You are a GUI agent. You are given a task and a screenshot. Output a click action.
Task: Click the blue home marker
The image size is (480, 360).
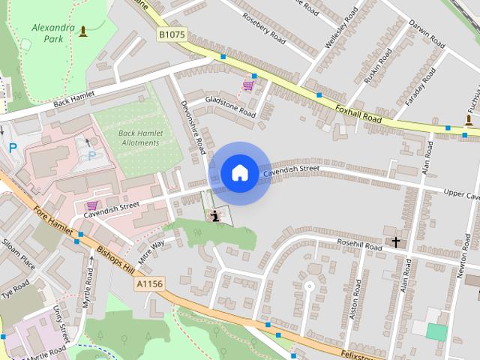pos(239,173)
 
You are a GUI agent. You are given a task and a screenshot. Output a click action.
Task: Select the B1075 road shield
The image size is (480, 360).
pos(172,34)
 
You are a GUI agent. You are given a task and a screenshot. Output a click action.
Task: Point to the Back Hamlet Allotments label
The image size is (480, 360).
pos(139,138)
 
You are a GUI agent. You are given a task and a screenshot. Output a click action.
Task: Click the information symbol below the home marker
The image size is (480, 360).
pos(216,217)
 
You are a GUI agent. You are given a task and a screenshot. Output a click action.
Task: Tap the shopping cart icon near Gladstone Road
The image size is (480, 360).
pos(247,85)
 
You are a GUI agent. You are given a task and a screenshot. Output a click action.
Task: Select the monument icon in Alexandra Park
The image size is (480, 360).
pos(82,31)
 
